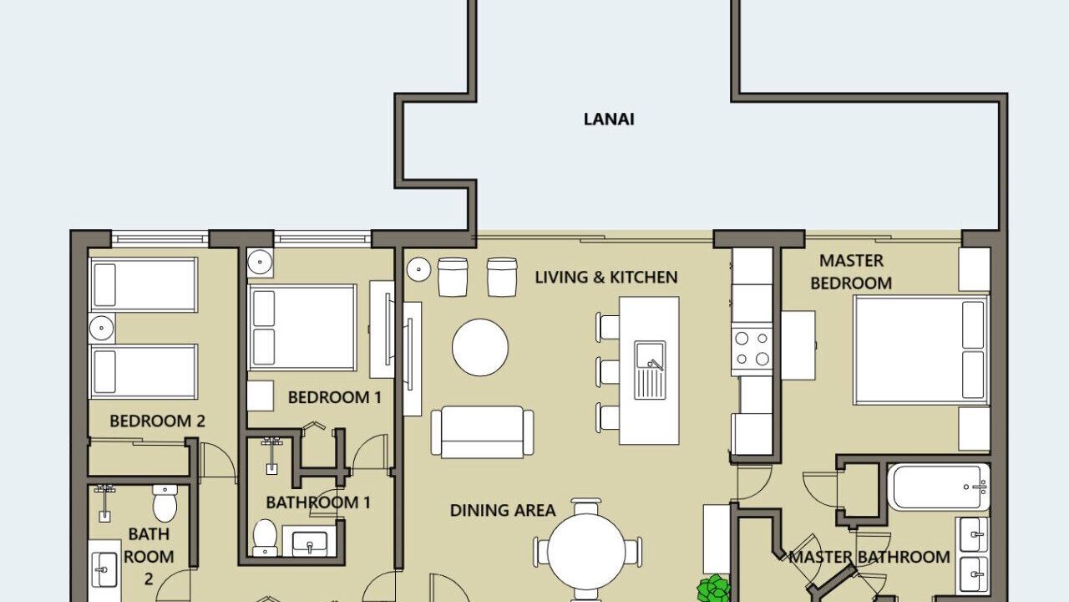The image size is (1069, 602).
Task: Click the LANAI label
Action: (609, 119)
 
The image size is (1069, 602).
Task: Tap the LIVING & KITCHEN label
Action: (606, 277)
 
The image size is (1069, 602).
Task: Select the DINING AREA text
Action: (503, 510)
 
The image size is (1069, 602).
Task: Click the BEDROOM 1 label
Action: (335, 397)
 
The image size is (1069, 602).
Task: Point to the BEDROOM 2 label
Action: (158, 421)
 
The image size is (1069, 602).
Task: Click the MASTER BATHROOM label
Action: (869, 557)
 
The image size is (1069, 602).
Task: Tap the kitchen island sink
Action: (650, 370)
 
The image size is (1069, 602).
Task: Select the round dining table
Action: (586, 551)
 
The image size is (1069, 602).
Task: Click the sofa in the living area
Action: (483, 432)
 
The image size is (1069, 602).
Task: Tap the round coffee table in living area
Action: (480, 347)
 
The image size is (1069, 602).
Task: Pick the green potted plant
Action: (714, 589)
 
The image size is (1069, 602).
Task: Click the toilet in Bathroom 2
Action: (165, 503)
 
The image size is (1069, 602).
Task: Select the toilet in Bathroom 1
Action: (265, 538)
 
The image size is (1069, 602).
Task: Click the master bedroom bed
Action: (921, 350)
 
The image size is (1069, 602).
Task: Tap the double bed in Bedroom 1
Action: (302, 328)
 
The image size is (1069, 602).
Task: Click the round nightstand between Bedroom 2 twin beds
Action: (102, 328)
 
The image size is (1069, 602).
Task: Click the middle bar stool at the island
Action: (607, 373)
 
